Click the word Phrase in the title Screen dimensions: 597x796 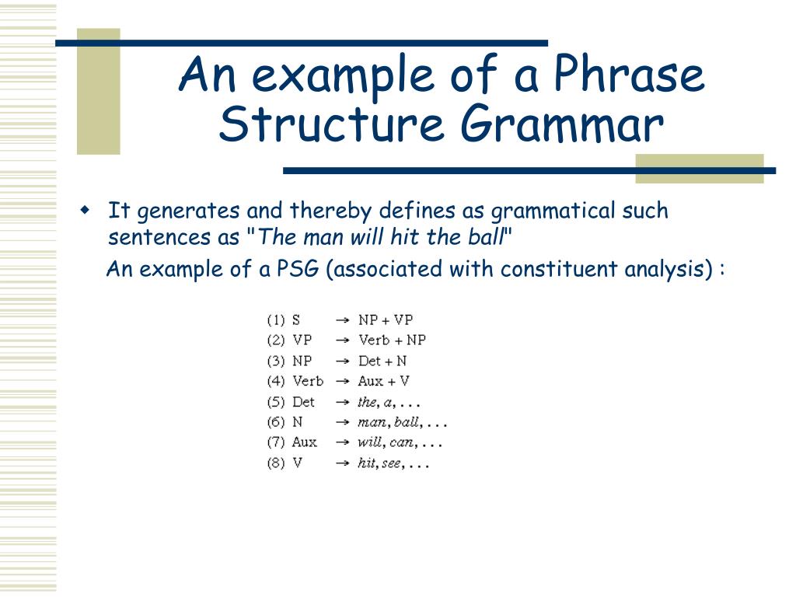629,76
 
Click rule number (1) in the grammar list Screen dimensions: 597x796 276,319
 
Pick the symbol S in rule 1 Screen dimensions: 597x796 296,319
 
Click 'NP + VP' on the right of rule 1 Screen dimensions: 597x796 386,319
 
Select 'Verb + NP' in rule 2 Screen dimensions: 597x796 392,340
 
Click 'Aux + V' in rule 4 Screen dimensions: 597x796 383,381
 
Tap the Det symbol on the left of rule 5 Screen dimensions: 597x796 303,402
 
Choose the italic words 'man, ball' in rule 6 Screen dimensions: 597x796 389,423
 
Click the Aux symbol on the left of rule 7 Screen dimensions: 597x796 304,442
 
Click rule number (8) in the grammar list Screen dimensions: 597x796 276,463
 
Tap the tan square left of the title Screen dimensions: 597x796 99,93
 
